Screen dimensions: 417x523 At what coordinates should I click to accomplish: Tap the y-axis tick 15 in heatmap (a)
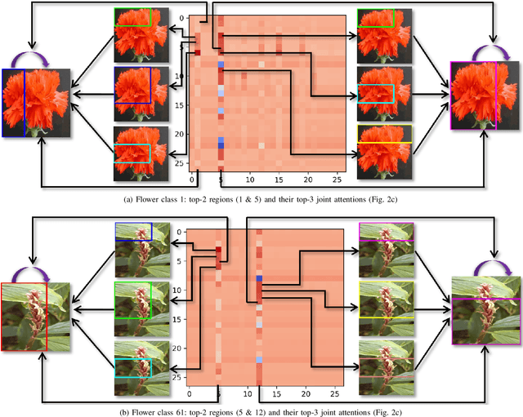tap(182, 105)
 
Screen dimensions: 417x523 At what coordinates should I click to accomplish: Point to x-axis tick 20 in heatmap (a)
tap(308, 179)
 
